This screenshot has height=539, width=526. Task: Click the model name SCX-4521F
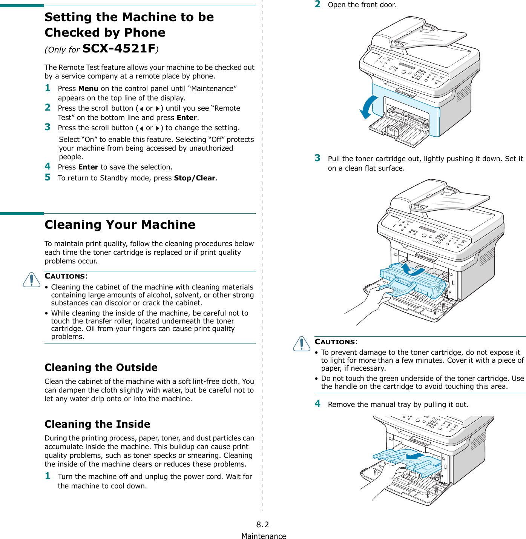coord(119,48)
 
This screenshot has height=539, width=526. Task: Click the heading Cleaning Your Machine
coord(120,225)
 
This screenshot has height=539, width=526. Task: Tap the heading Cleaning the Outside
coord(101,367)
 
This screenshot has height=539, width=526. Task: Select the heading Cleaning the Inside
coord(97,424)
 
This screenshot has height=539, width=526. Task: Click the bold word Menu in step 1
coord(88,89)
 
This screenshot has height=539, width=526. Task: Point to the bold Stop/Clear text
coord(195,178)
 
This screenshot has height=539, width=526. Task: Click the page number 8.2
coord(262,524)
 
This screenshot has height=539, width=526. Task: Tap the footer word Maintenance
coord(264,536)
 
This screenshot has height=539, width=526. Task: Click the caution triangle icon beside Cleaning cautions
coord(32,280)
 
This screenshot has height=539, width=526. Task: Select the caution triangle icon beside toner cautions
coord(302,343)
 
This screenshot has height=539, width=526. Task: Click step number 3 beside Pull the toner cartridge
coord(317,158)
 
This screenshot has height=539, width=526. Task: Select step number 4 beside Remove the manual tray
coord(317,404)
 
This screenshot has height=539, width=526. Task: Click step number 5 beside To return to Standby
coord(48,177)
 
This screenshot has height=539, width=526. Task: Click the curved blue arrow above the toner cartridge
coord(412,269)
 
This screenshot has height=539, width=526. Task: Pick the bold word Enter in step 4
coord(88,167)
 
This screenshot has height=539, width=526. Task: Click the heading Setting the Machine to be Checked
coord(129,25)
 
